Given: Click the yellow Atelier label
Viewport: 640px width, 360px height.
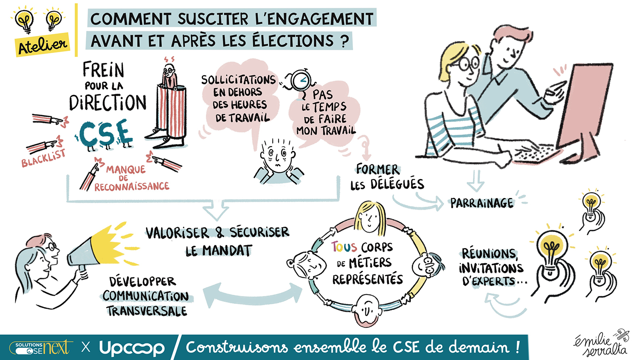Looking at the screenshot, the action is coord(42,45).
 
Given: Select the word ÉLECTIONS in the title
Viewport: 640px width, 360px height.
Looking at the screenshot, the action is coord(293,40).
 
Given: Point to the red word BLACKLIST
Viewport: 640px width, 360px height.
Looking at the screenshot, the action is coord(43,158).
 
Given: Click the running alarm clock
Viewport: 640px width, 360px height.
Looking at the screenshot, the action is coord(299,81).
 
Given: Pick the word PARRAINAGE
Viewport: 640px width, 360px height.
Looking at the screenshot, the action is coord(482,203).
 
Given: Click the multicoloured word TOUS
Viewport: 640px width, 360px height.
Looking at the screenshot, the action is coord(344,247).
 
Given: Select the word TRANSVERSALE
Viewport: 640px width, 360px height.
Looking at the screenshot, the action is coord(147,311).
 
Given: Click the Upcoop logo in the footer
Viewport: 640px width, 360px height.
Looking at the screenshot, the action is coord(132,347).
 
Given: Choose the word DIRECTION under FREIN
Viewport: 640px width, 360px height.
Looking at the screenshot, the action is coord(107,103).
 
